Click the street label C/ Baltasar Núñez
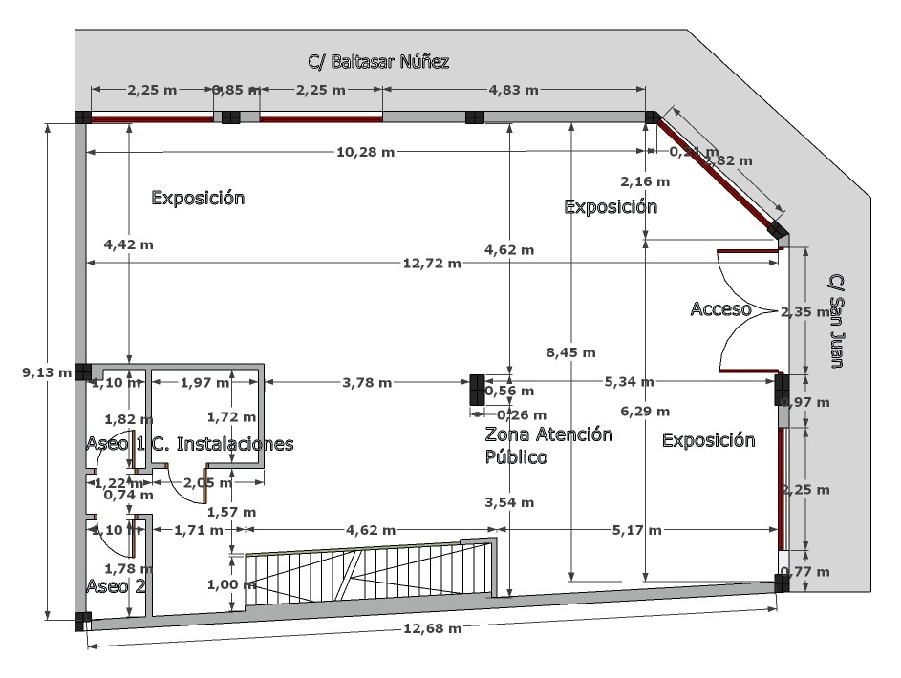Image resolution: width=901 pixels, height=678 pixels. pyautogui.click(x=378, y=62)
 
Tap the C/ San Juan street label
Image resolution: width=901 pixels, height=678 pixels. pyautogui.click(x=837, y=321)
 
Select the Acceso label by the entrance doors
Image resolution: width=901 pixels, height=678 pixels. pyautogui.click(x=720, y=308)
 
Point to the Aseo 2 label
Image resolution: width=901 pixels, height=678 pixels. pyautogui.click(x=116, y=584)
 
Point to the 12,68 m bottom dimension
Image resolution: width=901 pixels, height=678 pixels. pyautogui.click(x=432, y=628)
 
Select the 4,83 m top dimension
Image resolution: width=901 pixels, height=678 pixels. pyautogui.click(x=513, y=90)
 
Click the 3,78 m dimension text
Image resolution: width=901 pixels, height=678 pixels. pyautogui.click(x=367, y=383)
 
